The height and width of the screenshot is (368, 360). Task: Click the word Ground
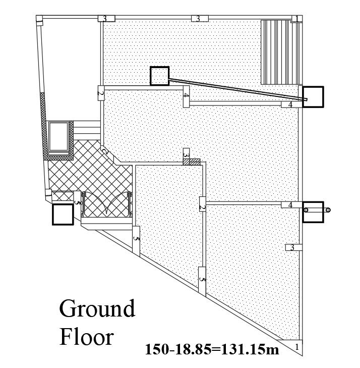coord(97,308)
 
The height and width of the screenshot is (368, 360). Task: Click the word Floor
coord(87,337)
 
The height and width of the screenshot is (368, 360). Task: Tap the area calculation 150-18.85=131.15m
coord(212,349)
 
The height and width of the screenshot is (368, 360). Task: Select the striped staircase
coord(281,52)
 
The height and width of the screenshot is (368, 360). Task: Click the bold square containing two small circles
coord(313,212)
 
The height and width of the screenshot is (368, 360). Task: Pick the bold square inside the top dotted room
coord(159,76)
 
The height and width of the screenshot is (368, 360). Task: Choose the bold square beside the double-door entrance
coord(63,215)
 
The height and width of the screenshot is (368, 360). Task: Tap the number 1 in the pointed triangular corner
coord(297,347)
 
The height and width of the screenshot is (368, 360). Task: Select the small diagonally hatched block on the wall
coord(192,162)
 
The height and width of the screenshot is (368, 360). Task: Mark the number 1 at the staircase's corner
coord(296,18)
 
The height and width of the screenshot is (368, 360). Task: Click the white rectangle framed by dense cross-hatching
coord(58,137)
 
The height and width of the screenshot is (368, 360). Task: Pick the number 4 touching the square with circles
coord(290,205)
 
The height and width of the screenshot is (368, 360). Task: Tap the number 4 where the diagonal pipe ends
coord(290,104)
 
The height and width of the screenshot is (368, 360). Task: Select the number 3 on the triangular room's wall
coord(292,247)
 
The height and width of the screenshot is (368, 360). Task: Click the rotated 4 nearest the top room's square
coord(186,95)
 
